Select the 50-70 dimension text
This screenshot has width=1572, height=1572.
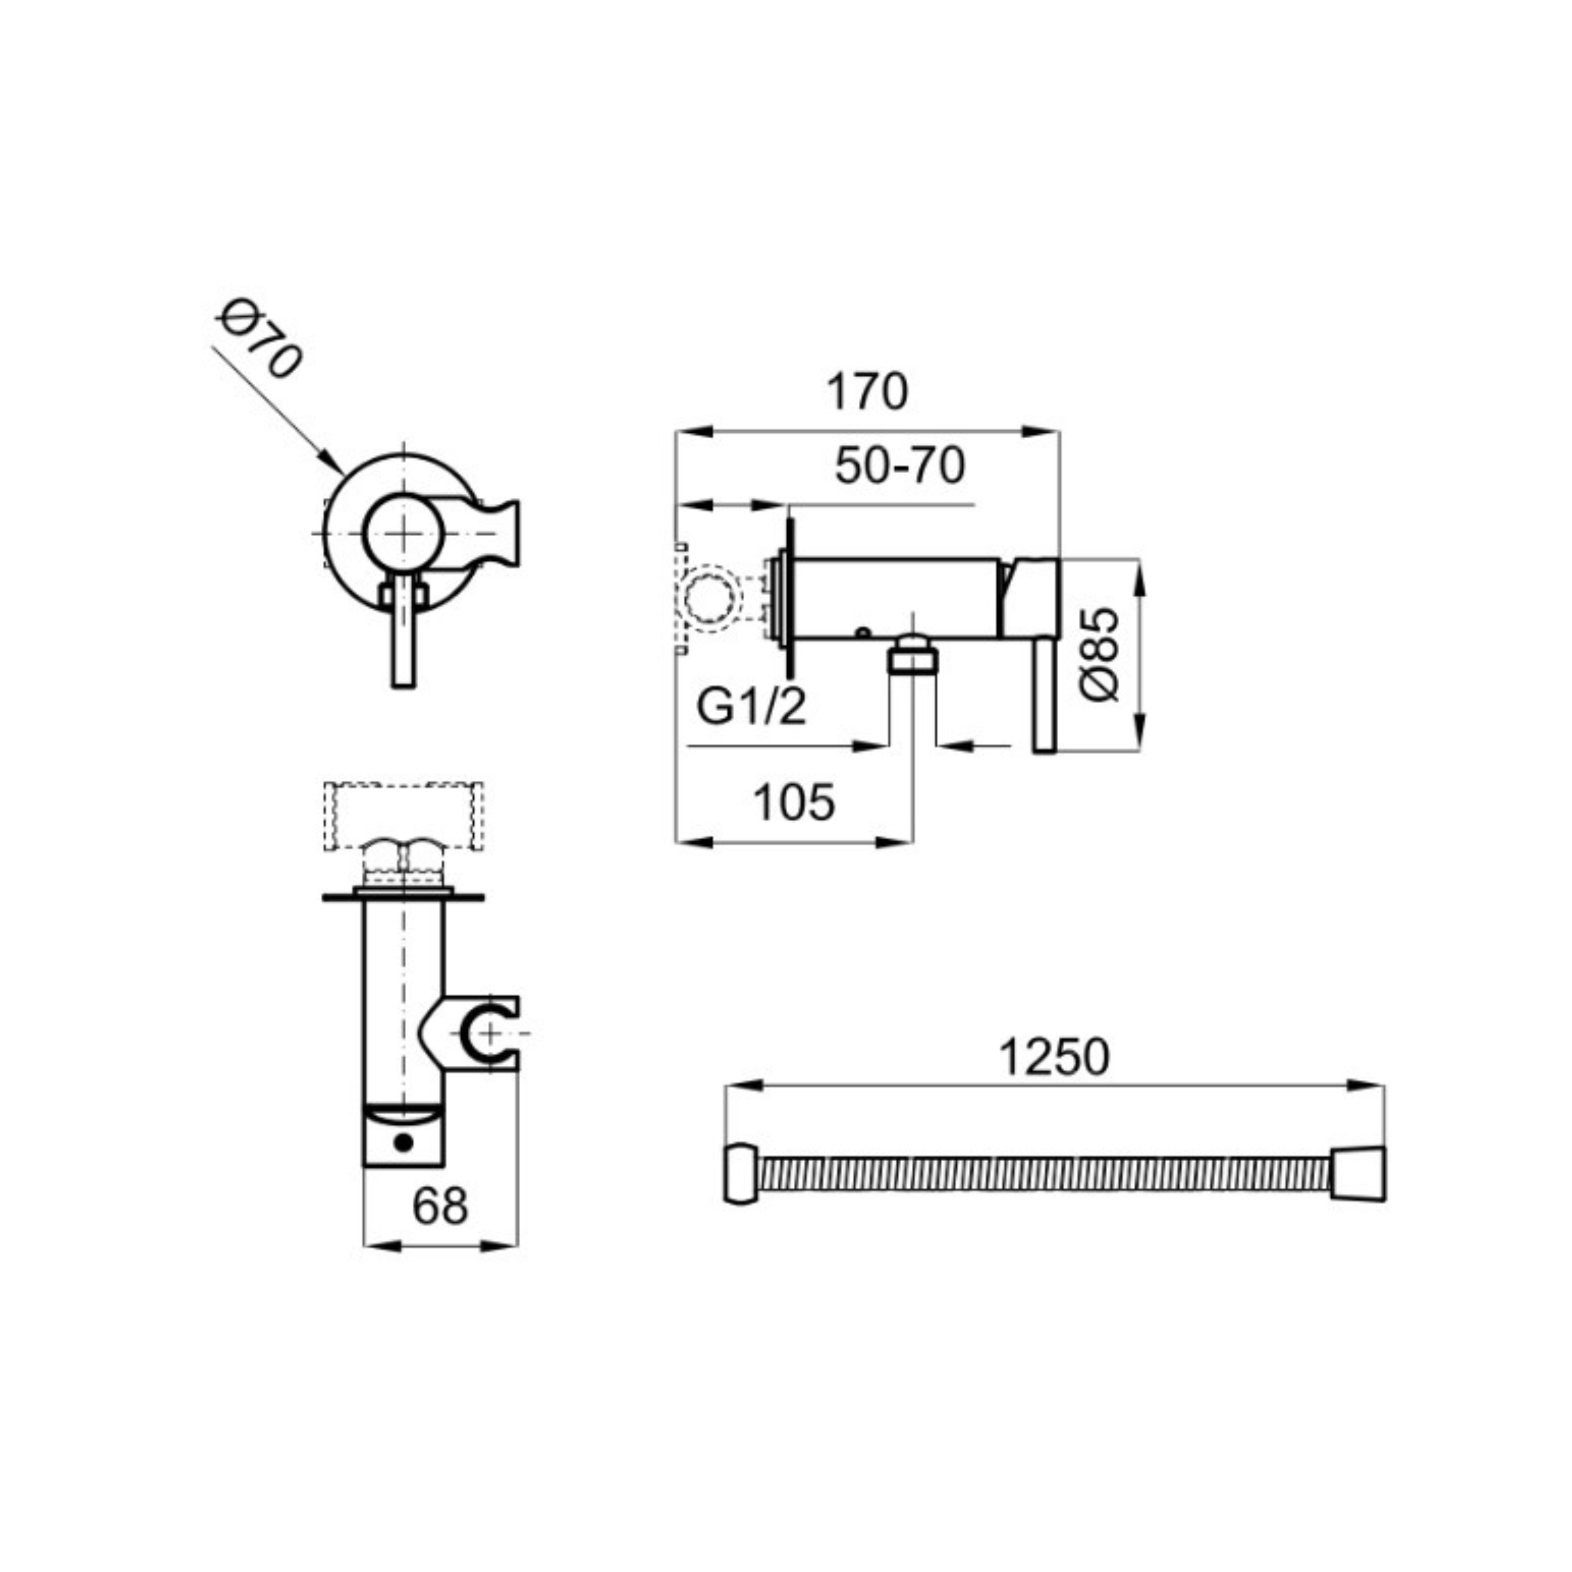click(x=900, y=466)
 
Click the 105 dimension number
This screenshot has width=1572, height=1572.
click(x=794, y=802)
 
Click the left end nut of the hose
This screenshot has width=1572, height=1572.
click(x=741, y=1175)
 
